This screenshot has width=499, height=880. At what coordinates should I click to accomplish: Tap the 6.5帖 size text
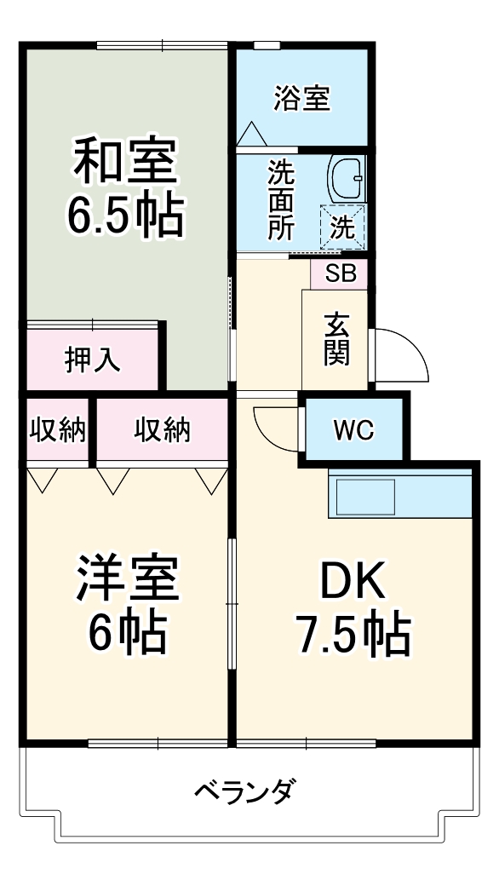pyautogui.click(x=125, y=216)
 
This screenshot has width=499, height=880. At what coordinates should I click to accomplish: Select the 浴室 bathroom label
pyautogui.click(x=301, y=98)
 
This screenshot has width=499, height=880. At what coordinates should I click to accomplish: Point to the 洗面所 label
pyautogui.click(x=280, y=201)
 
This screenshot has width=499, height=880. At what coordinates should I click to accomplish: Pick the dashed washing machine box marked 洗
pyautogui.click(x=342, y=226)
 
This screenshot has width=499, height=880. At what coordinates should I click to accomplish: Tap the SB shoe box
pyautogui.click(x=339, y=273)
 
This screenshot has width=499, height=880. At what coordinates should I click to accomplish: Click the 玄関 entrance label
pyautogui.click(x=336, y=339)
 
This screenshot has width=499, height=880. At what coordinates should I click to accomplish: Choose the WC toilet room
pyautogui.click(x=353, y=431)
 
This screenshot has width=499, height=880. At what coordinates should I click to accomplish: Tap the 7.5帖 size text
pyautogui.click(x=353, y=634)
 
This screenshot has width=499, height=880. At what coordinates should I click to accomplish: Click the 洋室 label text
pyautogui.click(x=127, y=579)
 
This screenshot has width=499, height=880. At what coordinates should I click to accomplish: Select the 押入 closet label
pyautogui.click(x=93, y=359)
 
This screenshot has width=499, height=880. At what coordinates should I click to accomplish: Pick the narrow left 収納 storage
pyautogui.click(x=57, y=431)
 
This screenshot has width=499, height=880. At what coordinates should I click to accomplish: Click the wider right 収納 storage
pyautogui.click(x=162, y=431)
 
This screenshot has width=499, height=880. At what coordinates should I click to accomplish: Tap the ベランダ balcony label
pyautogui.click(x=244, y=791)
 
